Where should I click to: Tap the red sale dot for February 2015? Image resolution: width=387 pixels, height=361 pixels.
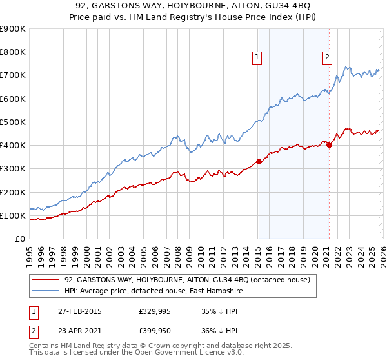pos(259,162)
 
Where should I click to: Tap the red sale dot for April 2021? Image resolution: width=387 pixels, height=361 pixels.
pos(329,145)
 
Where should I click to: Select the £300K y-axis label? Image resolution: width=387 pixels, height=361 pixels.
pos(13,169)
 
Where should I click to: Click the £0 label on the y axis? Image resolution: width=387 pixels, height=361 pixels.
pos(19,239)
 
